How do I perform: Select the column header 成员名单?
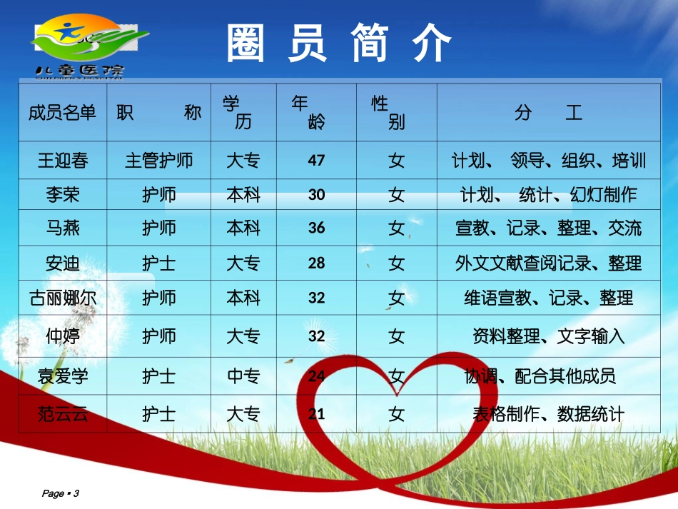click(x=62, y=113)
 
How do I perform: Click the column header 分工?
click(x=547, y=113)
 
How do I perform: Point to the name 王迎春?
click(x=63, y=160)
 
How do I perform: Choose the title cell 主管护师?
click(x=158, y=160)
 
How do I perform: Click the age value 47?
click(x=316, y=160)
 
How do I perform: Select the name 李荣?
click(x=63, y=194)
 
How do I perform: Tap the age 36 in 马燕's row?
click(x=316, y=228)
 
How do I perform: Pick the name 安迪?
click(x=63, y=263)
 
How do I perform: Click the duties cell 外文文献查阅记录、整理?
click(x=548, y=263)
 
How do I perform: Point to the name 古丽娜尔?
click(x=63, y=298)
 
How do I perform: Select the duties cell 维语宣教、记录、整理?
click(x=548, y=298)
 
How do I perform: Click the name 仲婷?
click(x=63, y=336)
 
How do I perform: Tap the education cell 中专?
click(x=243, y=376)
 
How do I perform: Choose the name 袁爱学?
click(x=63, y=376)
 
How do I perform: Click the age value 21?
click(x=316, y=413)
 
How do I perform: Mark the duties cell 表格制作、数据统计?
click(x=548, y=413)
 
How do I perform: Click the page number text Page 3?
click(x=61, y=493)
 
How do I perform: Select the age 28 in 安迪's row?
click(x=316, y=263)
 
